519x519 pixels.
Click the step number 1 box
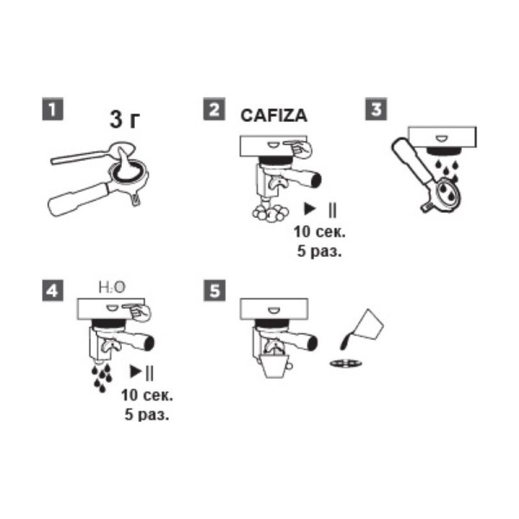click(53, 109)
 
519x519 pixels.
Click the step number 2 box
click(215, 109)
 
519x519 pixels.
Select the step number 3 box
click(376, 109)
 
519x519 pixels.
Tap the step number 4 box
click(53, 291)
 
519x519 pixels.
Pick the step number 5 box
click(215, 291)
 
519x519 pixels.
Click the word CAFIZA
click(273, 116)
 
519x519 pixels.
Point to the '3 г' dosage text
click(125, 119)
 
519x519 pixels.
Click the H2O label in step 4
click(112, 287)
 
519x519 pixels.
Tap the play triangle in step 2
click(310, 208)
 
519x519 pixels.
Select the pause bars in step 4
click(150, 372)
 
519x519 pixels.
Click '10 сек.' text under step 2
click(319, 232)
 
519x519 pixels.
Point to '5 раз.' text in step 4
click(147, 414)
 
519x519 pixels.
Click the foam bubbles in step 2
click(270, 213)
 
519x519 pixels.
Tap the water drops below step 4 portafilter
click(102, 378)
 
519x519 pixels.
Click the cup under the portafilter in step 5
click(277, 366)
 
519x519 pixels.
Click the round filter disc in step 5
click(346, 363)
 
